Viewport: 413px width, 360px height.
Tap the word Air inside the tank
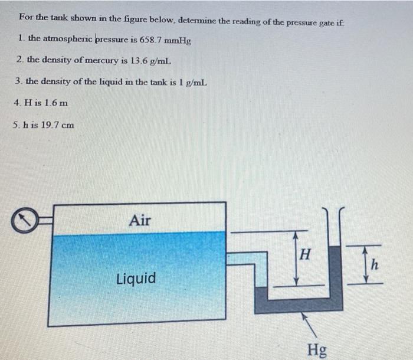pyautogui.click(x=139, y=221)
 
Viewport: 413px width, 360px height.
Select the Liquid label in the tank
pyautogui.click(x=136, y=278)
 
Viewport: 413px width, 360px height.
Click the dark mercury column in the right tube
pyautogui.click(x=335, y=271)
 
